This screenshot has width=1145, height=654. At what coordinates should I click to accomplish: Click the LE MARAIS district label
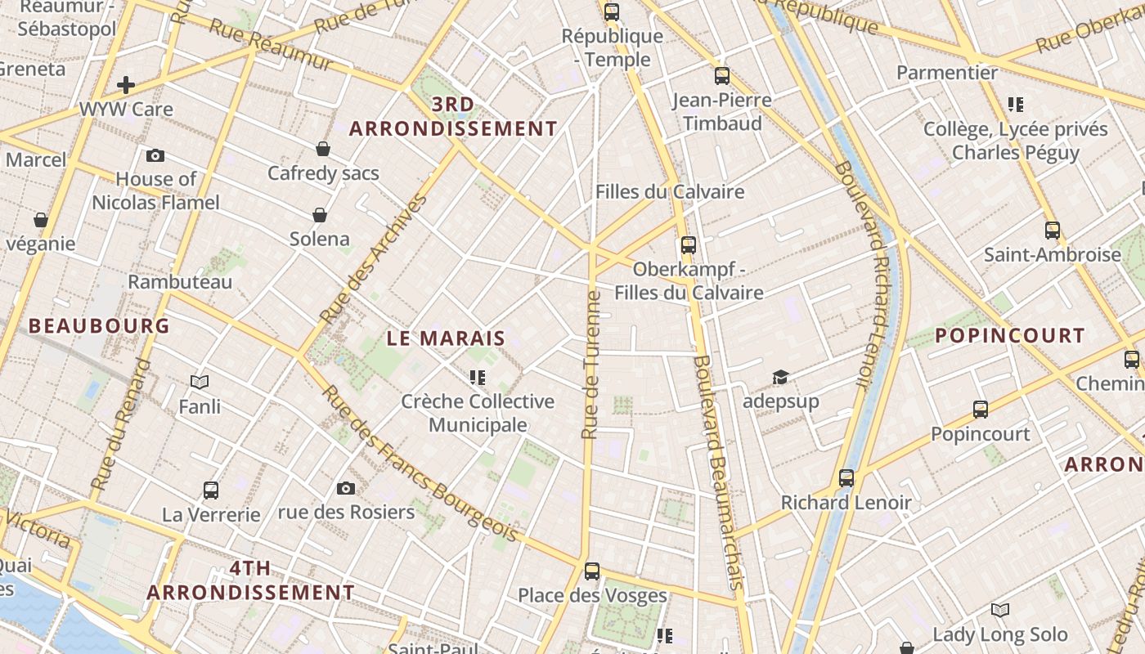pos(446,338)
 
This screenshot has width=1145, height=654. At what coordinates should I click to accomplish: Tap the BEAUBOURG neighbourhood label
pos(99,326)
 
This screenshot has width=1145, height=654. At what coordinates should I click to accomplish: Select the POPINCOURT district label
pos(1009,336)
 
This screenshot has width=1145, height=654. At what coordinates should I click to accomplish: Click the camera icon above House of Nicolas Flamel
pos(155,155)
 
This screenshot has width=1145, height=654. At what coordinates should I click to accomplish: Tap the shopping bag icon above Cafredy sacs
pos(323,149)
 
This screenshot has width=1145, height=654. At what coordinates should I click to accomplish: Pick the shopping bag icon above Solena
pos(320,215)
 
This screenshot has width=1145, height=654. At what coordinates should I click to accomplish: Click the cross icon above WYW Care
pos(126,84)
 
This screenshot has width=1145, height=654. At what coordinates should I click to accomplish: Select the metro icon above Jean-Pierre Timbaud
pos(721,76)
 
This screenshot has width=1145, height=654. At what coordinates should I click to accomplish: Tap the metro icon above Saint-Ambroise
pos(1052,231)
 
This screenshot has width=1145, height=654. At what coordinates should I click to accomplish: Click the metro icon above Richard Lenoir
pos(846,477)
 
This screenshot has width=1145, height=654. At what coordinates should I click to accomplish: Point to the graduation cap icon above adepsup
pos(780,377)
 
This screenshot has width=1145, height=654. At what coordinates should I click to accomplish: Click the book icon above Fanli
pos(200,382)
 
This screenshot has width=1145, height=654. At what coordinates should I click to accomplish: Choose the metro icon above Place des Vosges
pos(592,571)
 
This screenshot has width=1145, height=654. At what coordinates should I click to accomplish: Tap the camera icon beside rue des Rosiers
pos(346,488)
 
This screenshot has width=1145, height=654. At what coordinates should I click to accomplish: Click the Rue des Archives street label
pos(374,259)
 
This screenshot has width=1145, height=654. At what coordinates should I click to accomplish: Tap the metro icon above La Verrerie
pos(211,490)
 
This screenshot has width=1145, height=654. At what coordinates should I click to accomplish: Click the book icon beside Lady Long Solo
pos(999,610)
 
